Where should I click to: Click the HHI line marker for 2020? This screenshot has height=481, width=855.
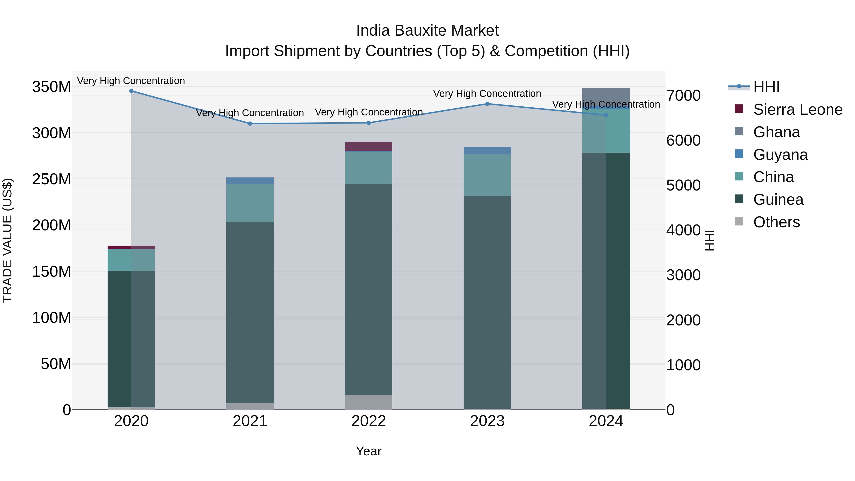(131, 91)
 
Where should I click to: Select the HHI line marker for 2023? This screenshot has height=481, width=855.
(487, 104)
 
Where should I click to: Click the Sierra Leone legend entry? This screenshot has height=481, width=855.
(798, 110)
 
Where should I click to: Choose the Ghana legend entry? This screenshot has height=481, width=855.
(776, 132)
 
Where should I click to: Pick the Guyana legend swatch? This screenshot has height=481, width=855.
(739, 154)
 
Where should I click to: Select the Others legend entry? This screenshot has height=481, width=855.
(776, 222)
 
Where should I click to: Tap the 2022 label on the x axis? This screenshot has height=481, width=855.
(368, 421)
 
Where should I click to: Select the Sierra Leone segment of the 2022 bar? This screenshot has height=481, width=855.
(368, 146)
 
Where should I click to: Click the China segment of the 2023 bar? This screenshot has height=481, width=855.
(487, 175)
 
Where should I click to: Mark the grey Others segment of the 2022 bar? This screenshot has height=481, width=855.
(368, 402)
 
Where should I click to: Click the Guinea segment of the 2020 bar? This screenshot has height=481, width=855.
(131, 338)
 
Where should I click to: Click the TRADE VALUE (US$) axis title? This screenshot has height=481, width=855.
(7, 240)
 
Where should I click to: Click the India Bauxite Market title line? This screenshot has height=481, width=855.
(427, 31)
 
